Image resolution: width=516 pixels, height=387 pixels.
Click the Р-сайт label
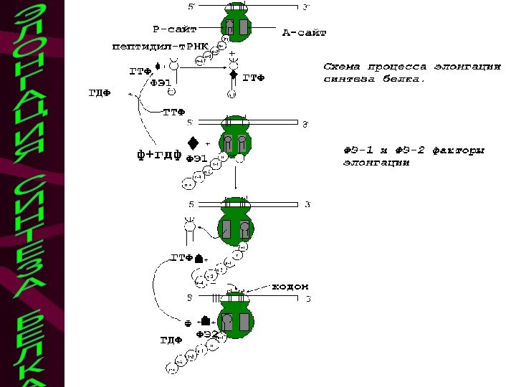point(174,29)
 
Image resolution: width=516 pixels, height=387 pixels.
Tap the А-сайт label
point(304,32)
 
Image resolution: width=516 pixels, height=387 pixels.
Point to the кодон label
point(290,287)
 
